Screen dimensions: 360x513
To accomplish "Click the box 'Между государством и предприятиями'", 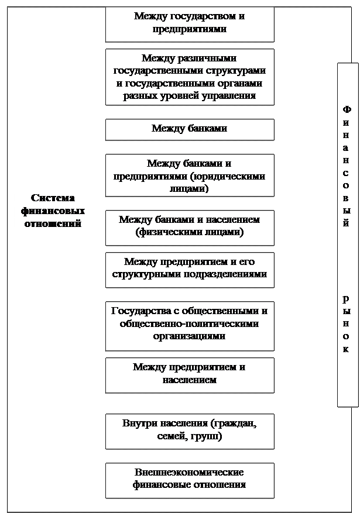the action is click(189, 23).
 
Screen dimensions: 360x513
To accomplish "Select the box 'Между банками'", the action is click(189, 129).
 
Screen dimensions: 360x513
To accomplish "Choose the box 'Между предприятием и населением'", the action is click(189, 374).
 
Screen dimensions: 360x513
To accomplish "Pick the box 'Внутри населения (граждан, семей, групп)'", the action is click(189, 431).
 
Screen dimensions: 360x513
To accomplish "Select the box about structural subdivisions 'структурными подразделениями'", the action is click(189, 269).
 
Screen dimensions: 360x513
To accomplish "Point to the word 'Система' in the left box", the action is click(53, 198).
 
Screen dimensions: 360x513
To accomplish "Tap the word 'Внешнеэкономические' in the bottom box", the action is click(189, 473).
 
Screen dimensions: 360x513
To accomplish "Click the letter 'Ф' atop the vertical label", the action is click(347, 110).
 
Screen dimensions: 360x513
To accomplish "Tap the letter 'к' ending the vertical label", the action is click(347, 350).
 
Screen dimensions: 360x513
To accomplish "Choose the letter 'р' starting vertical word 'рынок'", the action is click(347, 298).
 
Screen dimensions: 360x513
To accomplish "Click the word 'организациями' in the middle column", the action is click(189, 337).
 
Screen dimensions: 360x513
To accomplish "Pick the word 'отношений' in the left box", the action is click(53, 224).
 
